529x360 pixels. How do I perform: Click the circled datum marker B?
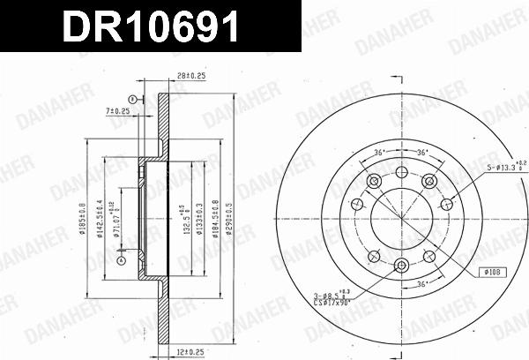tap(132, 97)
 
